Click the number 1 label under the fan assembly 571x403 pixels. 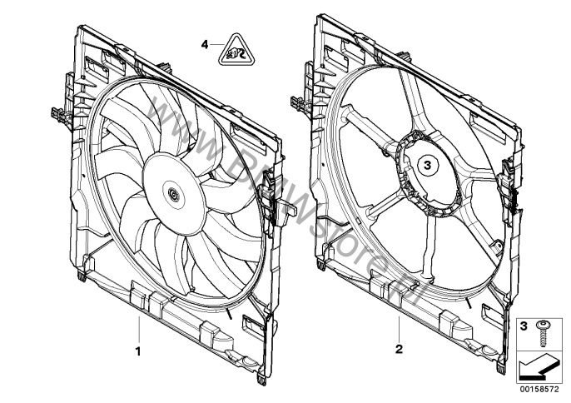pos(138,350)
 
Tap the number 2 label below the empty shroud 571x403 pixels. pos(400,350)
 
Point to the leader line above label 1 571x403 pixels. pos(138,330)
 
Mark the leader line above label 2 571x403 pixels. pos(400,330)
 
